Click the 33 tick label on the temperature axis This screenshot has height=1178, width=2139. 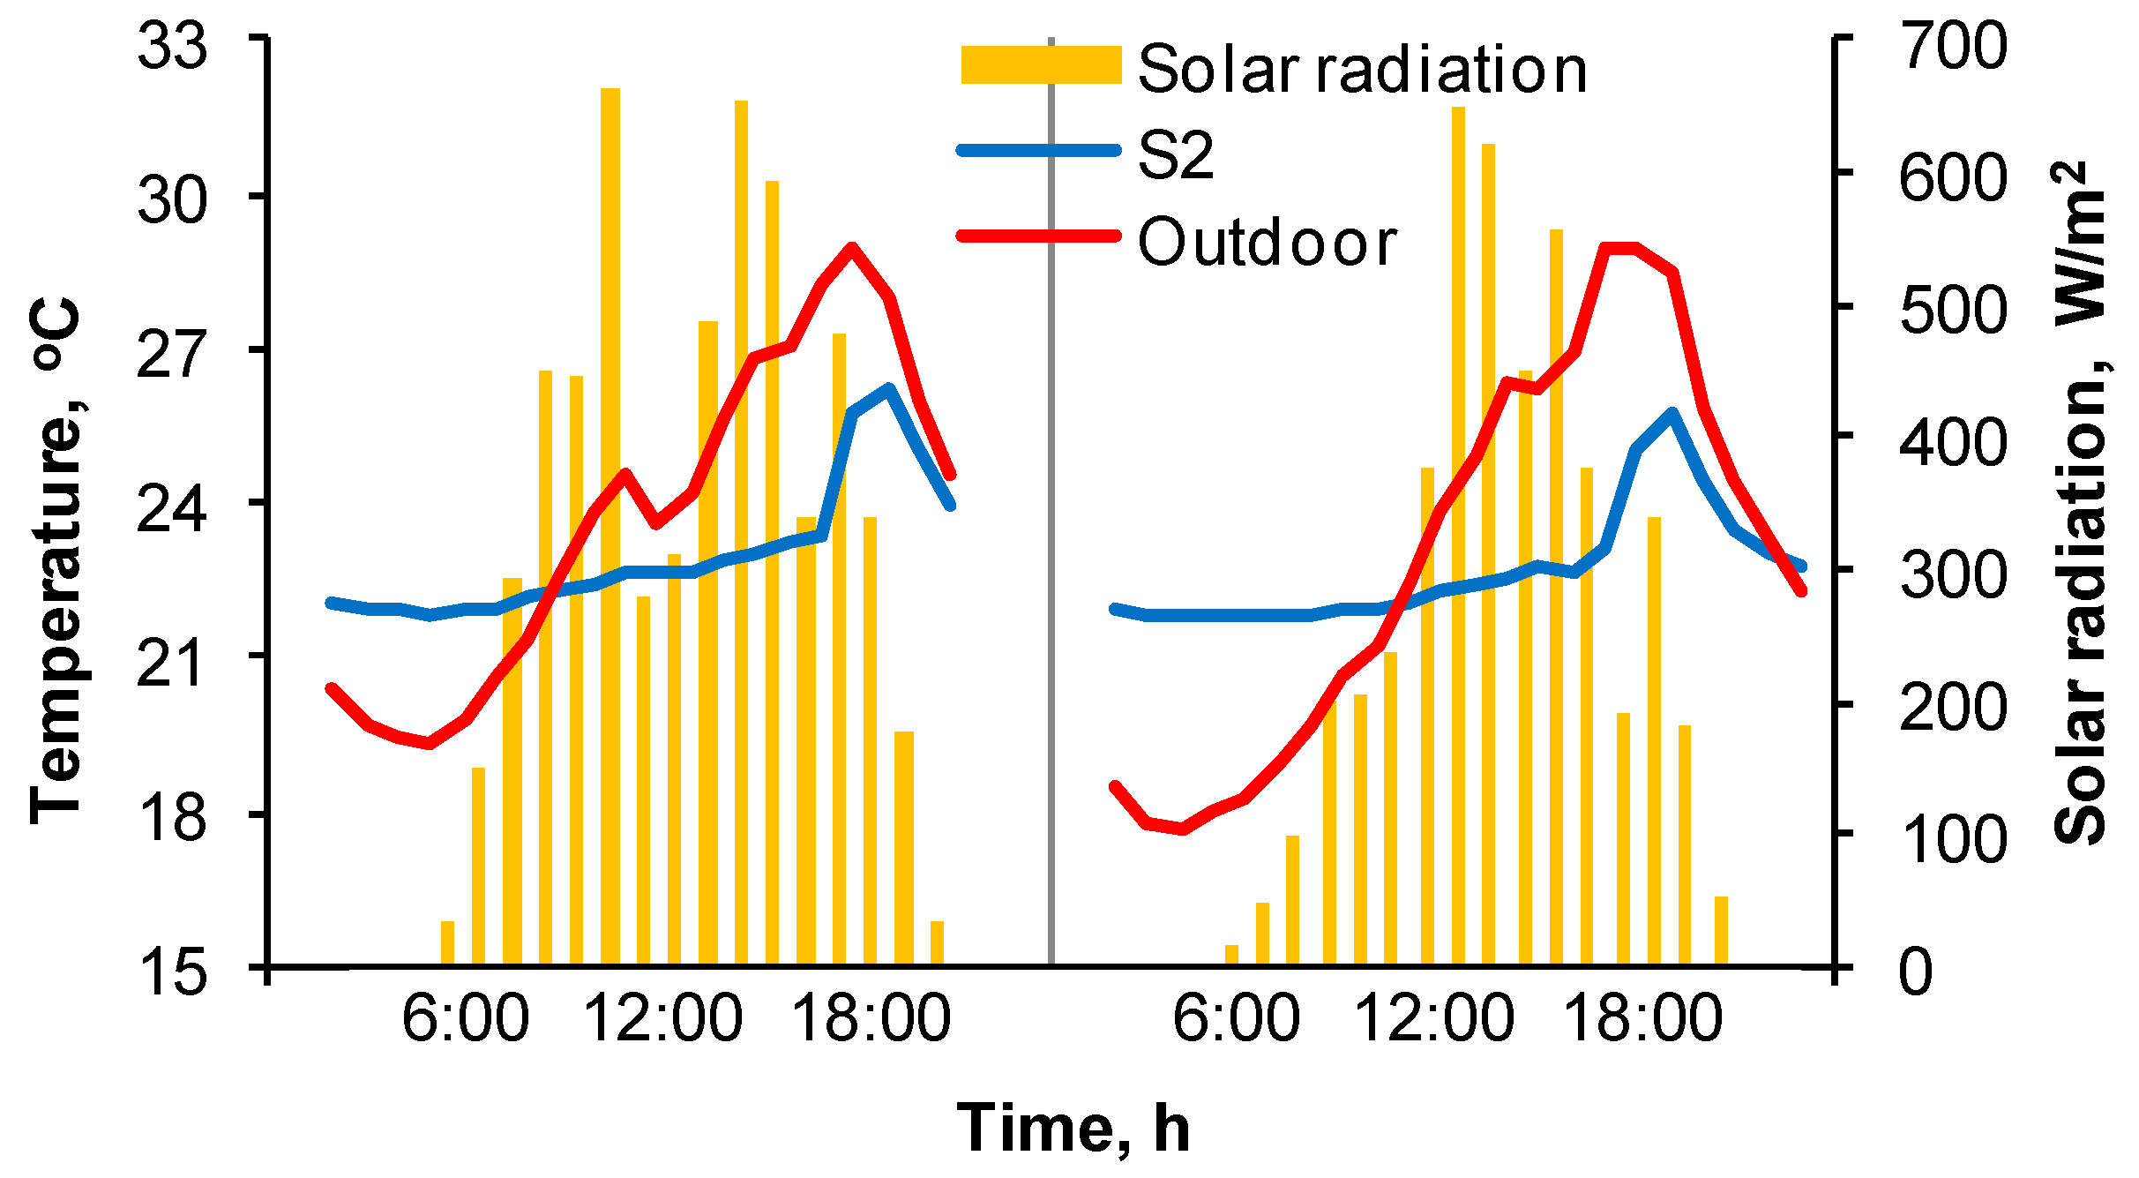[173, 46]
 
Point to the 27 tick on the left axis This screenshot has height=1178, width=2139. [173, 356]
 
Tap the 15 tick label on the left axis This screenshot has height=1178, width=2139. [173, 975]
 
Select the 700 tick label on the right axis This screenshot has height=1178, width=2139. [1954, 46]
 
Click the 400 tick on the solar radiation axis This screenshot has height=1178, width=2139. [1954, 443]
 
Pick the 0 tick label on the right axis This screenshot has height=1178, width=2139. [1916, 973]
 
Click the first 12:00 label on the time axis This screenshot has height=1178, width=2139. [662, 1020]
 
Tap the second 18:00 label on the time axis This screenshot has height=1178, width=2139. [1642, 1020]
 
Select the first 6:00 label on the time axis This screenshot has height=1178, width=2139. [465, 1020]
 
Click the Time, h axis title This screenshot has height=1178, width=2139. [1073, 1129]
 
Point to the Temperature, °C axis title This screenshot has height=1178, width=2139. [56, 561]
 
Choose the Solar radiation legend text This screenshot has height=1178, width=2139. [1363, 70]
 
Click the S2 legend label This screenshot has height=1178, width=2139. [1177, 156]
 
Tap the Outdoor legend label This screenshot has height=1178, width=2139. [1268, 243]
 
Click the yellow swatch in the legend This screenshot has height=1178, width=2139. [1041, 65]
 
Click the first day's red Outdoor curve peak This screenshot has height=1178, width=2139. [851, 248]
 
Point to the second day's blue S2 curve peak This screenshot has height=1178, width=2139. [1672, 413]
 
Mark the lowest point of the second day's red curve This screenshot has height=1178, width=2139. [1182, 829]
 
